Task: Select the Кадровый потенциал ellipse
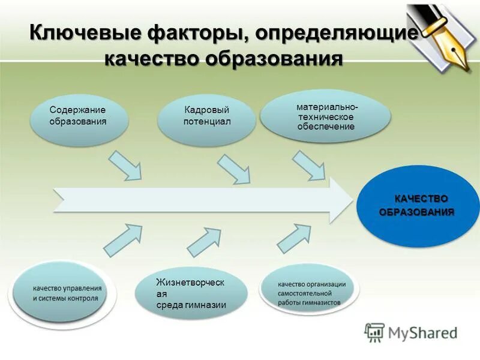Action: click(207, 116)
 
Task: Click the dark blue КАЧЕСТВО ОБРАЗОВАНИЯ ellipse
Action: click(418, 205)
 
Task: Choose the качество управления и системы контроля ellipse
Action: click(66, 293)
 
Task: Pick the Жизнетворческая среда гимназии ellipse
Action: click(191, 293)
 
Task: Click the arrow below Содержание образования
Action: click(127, 165)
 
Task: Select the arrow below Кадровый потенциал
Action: click(234, 169)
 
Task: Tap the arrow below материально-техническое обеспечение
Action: click(309, 165)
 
